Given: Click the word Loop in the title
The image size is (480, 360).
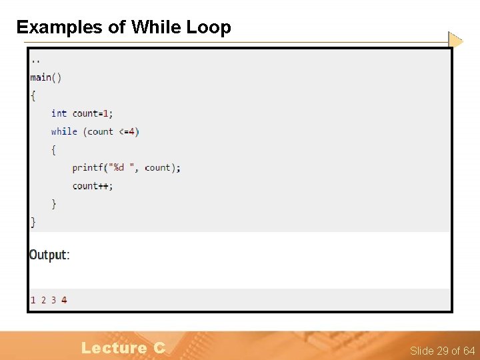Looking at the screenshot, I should [x=209, y=27].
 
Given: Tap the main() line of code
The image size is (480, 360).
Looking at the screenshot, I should [x=46, y=77].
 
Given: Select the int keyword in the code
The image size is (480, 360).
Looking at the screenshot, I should [x=59, y=113].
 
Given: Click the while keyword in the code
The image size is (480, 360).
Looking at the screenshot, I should [x=64, y=131].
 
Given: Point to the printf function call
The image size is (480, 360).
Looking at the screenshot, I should [x=87, y=167].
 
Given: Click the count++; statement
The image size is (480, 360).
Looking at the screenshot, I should [x=93, y=186].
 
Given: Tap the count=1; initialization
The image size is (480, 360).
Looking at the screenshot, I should [x=93, y=113].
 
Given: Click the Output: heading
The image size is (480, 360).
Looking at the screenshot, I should [x=49, y=255].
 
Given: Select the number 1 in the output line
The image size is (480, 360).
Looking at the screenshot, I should [x=33, y=300].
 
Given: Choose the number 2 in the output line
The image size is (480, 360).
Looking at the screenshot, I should [x=43, y=300].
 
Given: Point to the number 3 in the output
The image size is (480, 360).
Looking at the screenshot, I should [x=53, y=300].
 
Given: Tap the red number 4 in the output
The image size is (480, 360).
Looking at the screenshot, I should [x=64, y=300].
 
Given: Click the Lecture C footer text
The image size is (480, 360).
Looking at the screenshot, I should [x=123, y=347].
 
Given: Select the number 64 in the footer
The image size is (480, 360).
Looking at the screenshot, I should [x=469, y=351].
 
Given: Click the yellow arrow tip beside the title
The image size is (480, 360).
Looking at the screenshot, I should [x=455, y=40].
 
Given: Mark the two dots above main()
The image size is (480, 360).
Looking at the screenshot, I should [x=35, y=60].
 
